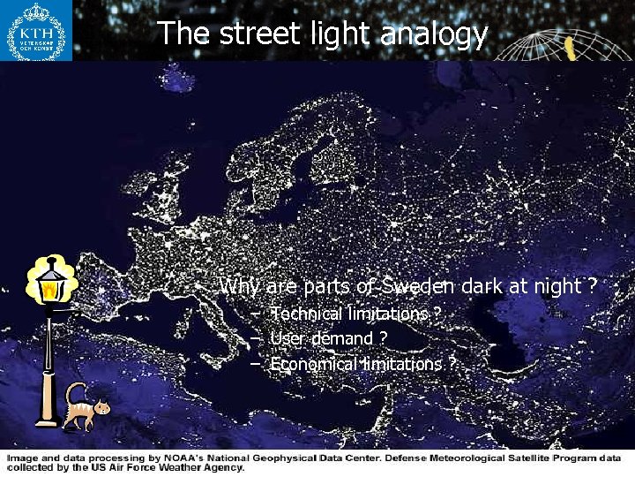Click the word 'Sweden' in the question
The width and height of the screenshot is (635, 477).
[417, 286]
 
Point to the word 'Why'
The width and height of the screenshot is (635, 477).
[238, 287]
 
